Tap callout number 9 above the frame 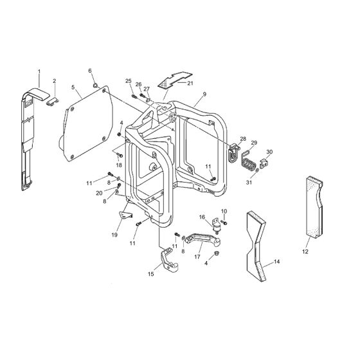(204, 94)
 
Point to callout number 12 (305, 251)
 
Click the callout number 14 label (277, 262)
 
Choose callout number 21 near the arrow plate (190, 82)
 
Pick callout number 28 (242, 138)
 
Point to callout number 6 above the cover (90, 71)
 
